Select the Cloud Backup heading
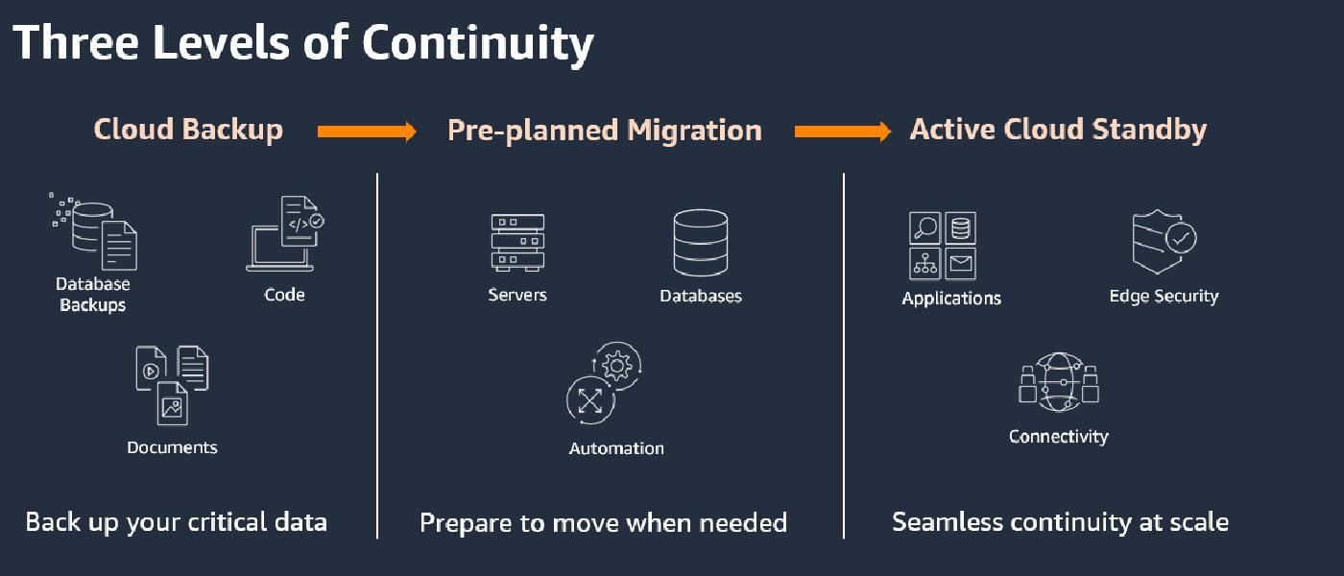tap(188, 130)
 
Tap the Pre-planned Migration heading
tap(605, 131)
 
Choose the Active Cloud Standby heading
tap(1058, 130)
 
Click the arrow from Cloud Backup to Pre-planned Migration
tap(367, 132)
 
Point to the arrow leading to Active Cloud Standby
tap(843, 132)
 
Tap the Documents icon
tap(172, 384)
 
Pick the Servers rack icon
tap(517, 242)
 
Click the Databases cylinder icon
tap(700, 242)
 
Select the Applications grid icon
tap(942, 246)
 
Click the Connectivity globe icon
tap(1058, 382)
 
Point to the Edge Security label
tap(1164, 296)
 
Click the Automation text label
tap(616, 448)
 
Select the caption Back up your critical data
tap(177, 522)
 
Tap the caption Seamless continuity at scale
tap(1060, 522)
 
